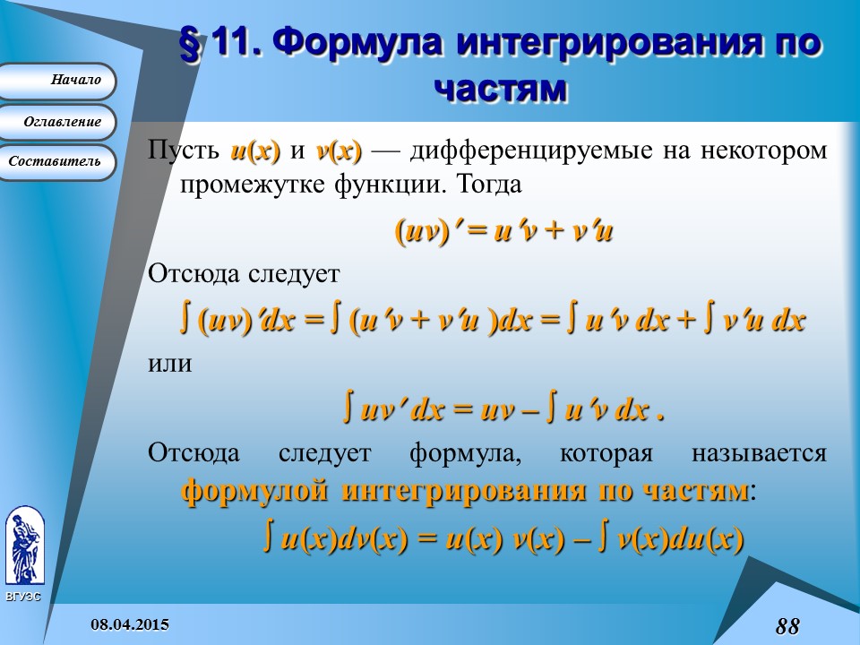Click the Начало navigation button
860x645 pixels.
[x=57, y=81]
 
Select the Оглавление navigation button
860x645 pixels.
[x=57, y=122]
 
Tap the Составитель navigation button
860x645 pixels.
[x=57, y=162]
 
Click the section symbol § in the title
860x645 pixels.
[x=192, y=45]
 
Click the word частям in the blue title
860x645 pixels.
[x=500, y=89]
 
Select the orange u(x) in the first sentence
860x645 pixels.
[x=255, y=150]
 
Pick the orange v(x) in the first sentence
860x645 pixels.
[x=339, y=150]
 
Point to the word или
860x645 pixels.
[x=170, y=365]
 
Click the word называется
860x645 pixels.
[x=759, y=454]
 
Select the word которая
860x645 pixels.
[x=606, y=454]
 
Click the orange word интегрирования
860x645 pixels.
[x=463, y=490]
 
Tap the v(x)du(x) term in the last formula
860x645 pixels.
[x=680, y=539]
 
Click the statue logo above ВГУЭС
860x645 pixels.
[x=25, y=546]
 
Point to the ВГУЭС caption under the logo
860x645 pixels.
[x=23, y=597]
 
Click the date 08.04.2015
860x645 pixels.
[x=130, y=624]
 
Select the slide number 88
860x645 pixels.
[x=787, y=626]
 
